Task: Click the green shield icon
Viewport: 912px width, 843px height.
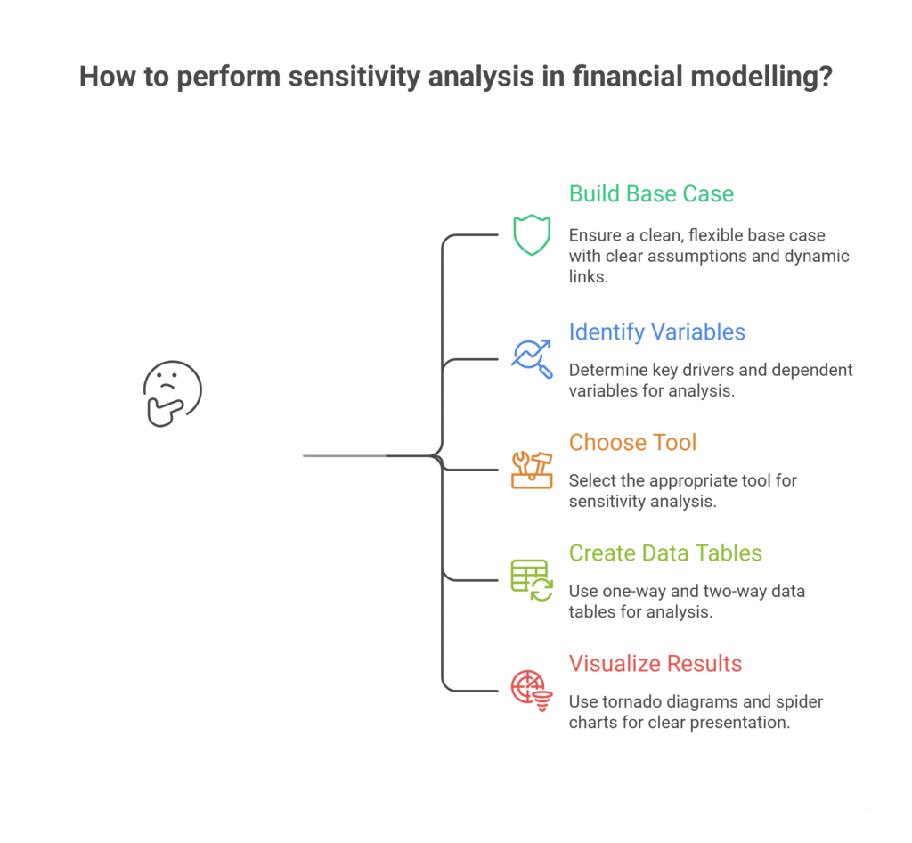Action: click(531, 235)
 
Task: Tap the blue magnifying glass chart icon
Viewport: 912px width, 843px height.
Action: click(531, 357)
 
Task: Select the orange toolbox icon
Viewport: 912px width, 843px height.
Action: click(531, 469)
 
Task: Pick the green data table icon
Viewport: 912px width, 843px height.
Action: click(531, 579)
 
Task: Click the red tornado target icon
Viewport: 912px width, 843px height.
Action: click(531, 690)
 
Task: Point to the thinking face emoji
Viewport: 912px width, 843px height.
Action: click(172, 392)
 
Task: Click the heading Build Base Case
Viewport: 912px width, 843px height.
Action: click(651, 194)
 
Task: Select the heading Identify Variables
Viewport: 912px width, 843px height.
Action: click(657, 332)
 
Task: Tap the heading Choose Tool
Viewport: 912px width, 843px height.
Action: click(632, 443)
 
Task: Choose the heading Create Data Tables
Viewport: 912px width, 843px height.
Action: click(665, 553)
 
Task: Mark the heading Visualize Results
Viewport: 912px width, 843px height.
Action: click(655, 664)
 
